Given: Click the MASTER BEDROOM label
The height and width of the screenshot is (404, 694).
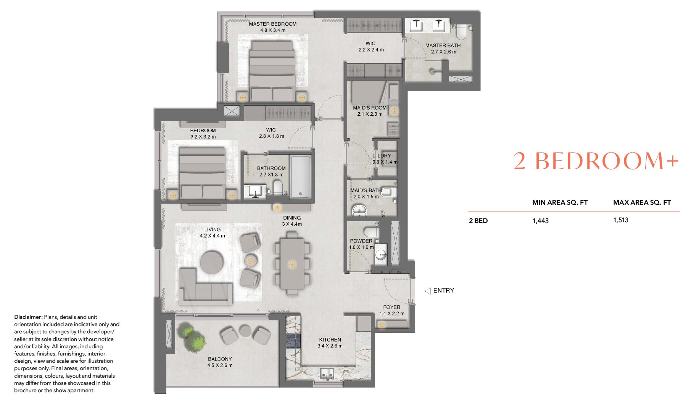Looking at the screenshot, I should tap(272, 24).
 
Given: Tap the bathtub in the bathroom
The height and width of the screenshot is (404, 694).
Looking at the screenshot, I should tap(301, 177).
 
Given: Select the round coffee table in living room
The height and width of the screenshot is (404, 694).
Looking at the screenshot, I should tap(212, 262).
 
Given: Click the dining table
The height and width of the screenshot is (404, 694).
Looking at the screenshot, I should tap(292, 264).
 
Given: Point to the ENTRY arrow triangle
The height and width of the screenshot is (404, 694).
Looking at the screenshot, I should tap(428, 291).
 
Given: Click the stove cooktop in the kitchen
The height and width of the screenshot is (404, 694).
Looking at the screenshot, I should tap(293, 341).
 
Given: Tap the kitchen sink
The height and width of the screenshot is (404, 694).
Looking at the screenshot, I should tap(327, 374).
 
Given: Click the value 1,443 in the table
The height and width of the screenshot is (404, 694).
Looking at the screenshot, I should tap(540, 221).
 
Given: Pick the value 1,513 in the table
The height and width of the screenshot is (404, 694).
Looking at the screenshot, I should tap(621, 220).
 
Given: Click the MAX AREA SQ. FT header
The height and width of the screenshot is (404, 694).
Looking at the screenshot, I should tap(642, 202).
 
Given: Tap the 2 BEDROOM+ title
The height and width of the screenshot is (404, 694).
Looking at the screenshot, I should tap(596, 161).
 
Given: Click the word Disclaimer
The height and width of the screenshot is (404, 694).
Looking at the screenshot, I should tap(28, 317).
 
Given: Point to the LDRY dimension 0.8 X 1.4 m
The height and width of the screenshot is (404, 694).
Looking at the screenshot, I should tap(385, 162).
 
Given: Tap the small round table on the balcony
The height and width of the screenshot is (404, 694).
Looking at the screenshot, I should tap(245, 331).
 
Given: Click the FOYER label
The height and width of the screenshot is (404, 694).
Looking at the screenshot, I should tap(392, 307).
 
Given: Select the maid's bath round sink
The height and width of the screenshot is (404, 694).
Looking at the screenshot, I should tap(359, 210).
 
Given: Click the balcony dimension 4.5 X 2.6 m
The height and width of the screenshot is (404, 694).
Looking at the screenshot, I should tap(220, 365).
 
